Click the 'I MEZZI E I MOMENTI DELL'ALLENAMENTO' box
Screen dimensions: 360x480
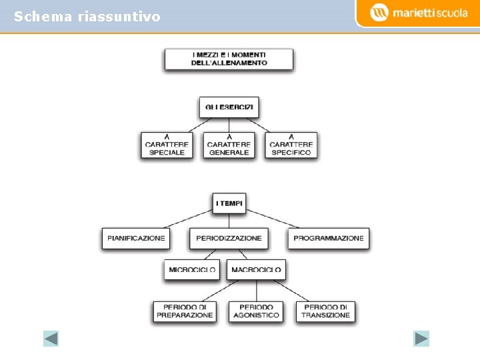click(229, 59)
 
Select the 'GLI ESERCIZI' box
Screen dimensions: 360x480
click(229, 107)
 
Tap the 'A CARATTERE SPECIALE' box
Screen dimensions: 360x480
click(167, 145)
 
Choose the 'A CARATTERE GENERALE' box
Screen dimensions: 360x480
click(229, 145)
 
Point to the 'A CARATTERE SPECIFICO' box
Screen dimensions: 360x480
click(291, 145)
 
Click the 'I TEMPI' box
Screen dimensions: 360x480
click(229, 203)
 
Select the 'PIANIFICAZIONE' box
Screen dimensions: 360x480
click(135, 238)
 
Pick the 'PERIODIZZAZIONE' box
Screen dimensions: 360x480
click(229, 238)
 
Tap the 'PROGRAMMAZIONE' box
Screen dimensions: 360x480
click(329, 238)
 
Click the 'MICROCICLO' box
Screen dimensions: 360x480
click(192, 270)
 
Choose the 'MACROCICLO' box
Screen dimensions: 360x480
click(256, 270)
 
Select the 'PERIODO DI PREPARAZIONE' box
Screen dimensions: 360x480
click(185, 311)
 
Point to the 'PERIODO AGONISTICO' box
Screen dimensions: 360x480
click(256, 311)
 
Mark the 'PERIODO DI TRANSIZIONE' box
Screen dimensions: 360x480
click(325, 311)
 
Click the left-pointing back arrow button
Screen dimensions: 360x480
click(51, 339)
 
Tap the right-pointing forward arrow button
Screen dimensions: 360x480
click(421, 339)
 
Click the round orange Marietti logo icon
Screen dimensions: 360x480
click(379, 13)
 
